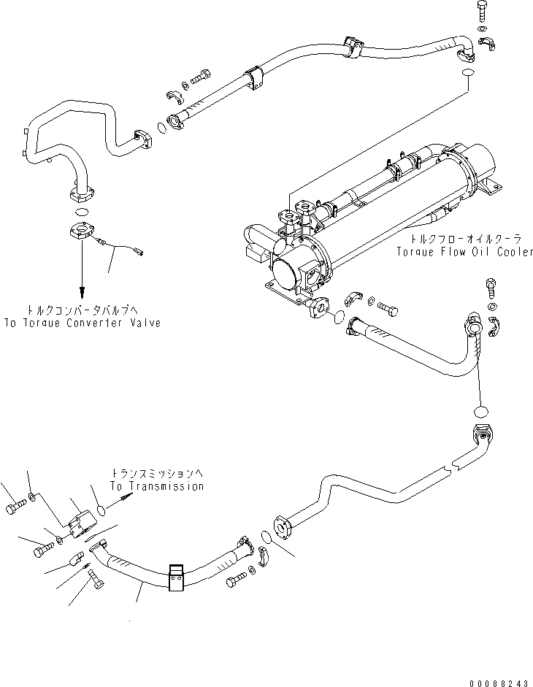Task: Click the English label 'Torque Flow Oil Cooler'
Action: click(464, 252)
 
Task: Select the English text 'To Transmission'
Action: click(156, 486)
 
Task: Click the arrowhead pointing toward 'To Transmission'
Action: click(130, 496)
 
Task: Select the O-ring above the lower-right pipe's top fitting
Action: click(479, 410)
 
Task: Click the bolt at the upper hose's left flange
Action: click(201, 76)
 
